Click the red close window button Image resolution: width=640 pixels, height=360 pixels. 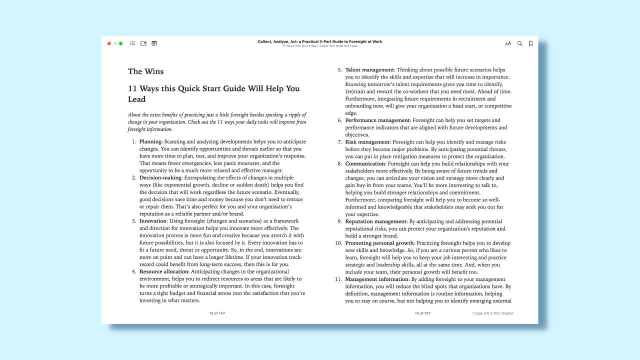coord(109,43)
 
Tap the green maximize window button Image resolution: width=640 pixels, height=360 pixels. coord(120,43)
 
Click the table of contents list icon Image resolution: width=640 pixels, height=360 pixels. coord(132,43)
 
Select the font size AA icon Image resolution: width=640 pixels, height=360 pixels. coord(508,43)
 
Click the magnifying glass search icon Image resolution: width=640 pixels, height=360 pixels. coord(519,43)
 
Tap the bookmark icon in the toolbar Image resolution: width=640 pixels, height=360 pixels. coord(530,43)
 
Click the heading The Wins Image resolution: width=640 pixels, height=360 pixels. coord(145,71)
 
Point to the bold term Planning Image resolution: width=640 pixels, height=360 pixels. coord(150,141)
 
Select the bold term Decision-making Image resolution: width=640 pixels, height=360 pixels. coord(160,177)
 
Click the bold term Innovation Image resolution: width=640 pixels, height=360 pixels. coord(152,221)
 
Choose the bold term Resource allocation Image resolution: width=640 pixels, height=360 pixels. coord(164,271)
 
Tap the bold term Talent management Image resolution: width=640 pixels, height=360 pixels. coord(369,70)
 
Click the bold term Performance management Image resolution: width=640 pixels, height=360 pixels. coord(377,120)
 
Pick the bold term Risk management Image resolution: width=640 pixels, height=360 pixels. coord(367,142)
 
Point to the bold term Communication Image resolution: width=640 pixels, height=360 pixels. coord(365,163)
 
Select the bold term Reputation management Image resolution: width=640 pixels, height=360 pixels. coord(375,221)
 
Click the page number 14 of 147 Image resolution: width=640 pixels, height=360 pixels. coord(217,313)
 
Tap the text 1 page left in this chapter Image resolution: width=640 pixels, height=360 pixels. coord(492,313)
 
